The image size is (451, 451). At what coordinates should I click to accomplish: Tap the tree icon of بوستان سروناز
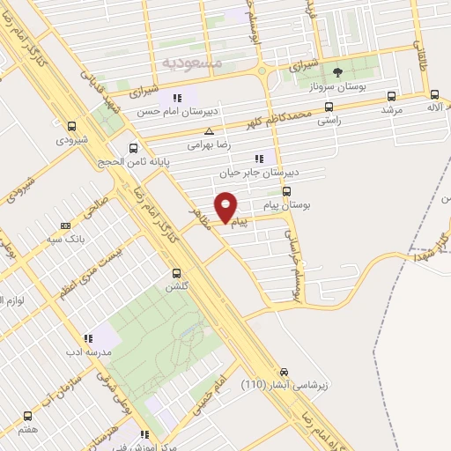pyautogui.click(x=336, y=73)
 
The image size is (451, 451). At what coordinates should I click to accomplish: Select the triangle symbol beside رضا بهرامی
pyautogui.click(x=208, y=130)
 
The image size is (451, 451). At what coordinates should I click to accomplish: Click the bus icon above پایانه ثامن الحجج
pyautogui.click(x=134, y=148)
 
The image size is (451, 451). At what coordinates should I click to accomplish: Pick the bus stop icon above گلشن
pyautogui.click(x=177, y=273)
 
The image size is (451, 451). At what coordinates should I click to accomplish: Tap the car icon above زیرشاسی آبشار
pyautogui.click(x=284, y=373)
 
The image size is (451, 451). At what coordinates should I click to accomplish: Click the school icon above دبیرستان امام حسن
pyautogui.click(x=177, y=98)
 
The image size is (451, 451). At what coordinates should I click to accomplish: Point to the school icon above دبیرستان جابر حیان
pyautogui.click(x=258, y=159)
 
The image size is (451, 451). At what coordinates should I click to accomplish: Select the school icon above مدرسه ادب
pyautogui.click(x=87, y=338)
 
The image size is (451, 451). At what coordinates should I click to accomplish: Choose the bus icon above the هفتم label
pyautogui.click(x=27, y=416)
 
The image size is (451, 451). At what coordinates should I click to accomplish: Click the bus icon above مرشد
pyautogui.click(x=391, y=97)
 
